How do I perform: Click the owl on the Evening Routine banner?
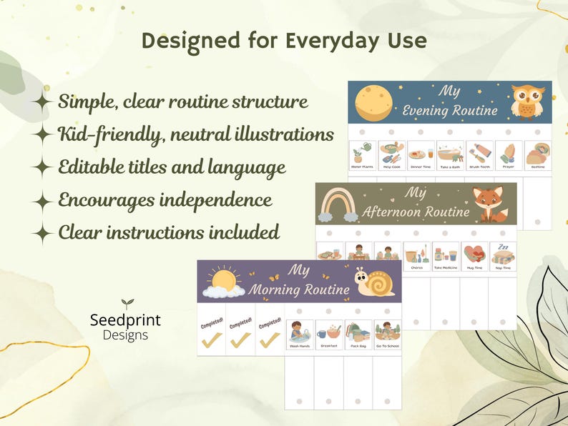coord(528,101)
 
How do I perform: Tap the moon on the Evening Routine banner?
coord(373,102)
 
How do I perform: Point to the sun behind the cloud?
coord(224,281)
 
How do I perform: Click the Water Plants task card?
coord(362,155)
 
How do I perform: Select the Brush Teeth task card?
coord(479,155)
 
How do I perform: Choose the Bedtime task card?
coord(537,155)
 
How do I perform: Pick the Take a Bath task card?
coord(449,155)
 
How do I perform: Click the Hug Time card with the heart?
coord(473,255)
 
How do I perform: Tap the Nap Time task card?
coord(502,255)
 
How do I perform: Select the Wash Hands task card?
coord(298,334)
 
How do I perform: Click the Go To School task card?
coord(387,334)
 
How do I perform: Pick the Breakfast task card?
coord(328,334)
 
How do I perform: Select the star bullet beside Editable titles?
coord(43,168)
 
